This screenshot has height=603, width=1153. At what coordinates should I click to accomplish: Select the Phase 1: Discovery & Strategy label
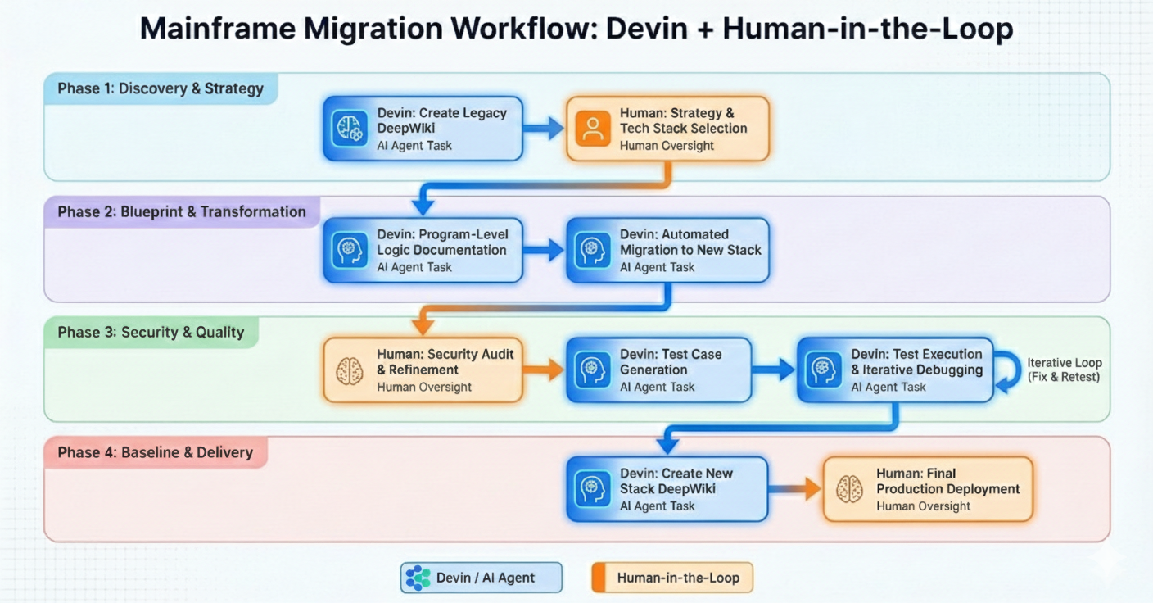coord(161,88)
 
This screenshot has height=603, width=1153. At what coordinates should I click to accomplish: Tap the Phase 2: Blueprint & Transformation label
coord(182,211)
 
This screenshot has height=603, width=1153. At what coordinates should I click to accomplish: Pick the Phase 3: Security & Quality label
coord(151,332)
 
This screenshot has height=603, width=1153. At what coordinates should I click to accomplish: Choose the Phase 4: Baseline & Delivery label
coord(156,452)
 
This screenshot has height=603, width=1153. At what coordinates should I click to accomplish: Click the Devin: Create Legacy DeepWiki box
coord(423,129)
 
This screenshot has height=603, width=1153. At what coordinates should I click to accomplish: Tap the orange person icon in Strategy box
coord(594,129)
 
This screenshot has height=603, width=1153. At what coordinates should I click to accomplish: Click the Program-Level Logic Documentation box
coord(423,250)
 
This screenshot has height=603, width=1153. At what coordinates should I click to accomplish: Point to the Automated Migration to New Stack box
coord(667,250)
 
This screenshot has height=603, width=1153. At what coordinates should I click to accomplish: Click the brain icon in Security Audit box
coord(350,370)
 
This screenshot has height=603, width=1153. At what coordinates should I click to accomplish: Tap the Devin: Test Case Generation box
coord(658,370)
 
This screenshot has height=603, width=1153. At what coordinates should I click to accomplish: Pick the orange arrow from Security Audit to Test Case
coord(545,370)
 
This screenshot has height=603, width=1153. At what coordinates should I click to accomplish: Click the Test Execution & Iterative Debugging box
coord(895,370)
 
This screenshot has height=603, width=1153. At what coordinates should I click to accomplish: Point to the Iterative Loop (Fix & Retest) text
coord(1064,370)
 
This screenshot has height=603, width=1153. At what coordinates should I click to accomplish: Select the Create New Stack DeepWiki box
coord(667,489)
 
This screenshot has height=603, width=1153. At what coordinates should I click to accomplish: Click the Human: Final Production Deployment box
coord(928,489)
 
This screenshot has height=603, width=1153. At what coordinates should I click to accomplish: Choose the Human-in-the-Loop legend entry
coord(671,578)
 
